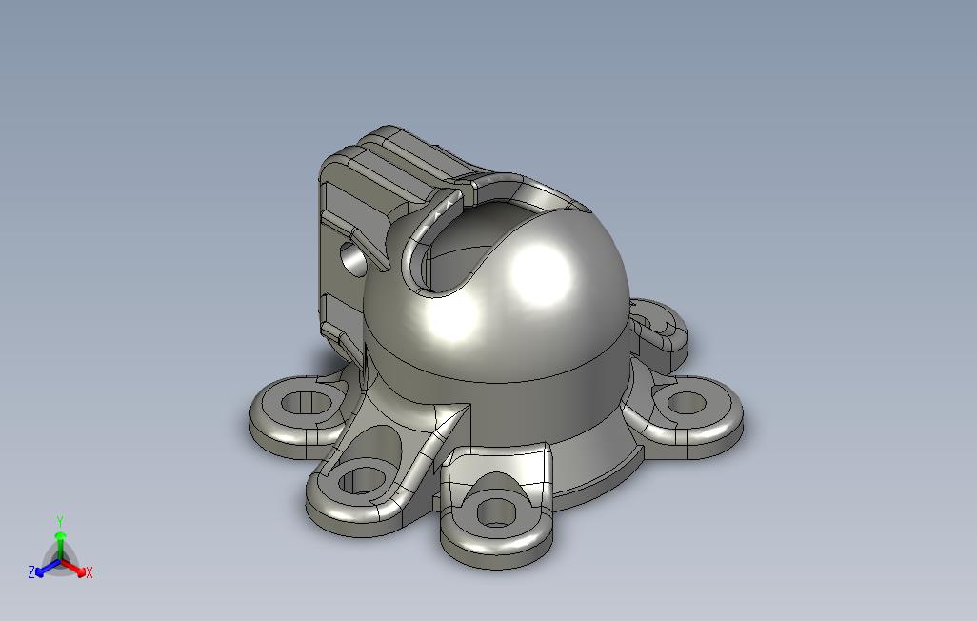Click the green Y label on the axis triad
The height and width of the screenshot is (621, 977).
(x=60, y=521)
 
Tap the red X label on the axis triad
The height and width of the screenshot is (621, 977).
(x=90, y=572)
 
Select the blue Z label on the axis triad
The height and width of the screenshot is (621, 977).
(x=31, y=571)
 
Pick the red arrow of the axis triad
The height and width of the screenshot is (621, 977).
(x=73, y=568)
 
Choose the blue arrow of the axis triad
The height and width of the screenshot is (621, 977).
(x=48, y=568)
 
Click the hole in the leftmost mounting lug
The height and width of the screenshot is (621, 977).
(x=305, y=402)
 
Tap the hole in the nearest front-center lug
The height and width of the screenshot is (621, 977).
(x=497, y=512)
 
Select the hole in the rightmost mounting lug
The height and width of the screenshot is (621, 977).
(x=687, y=403)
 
